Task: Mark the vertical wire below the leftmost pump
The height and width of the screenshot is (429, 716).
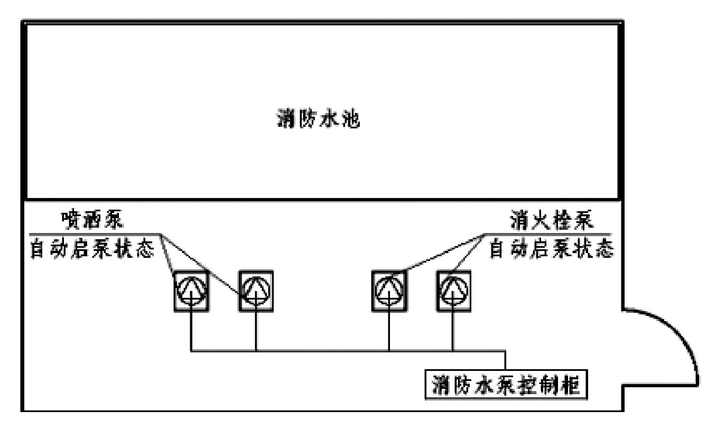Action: point(191,330)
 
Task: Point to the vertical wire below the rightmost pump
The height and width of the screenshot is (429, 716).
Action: point(453,330)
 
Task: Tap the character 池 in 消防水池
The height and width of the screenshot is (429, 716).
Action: point(349,119)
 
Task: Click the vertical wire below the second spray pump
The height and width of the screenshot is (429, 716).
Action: point(256,330)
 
